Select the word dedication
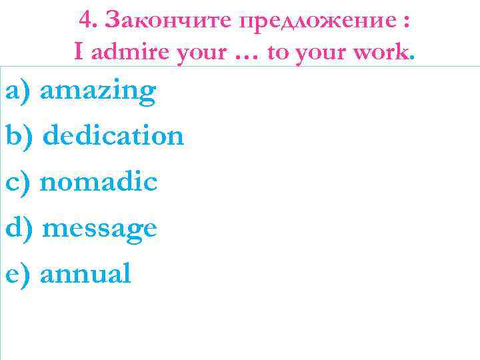click(x=113, y=137)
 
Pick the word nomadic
click(x=99, y=181)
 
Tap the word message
click(x=99, y=229)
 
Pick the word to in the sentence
click(x=276, y=52)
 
